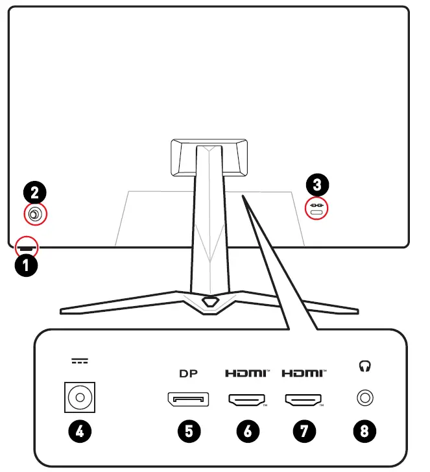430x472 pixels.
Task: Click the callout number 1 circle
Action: click(x=25, y=265)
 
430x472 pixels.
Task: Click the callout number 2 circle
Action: click(x=35, y=192)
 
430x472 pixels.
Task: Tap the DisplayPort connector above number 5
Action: click(x=188, y=399)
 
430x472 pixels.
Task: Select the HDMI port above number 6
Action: click(x=246, y=400)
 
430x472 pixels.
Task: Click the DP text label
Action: click(x=188, y=373)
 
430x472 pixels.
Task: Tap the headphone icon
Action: click(x=364, y=367)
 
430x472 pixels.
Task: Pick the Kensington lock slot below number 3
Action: click(x=317, y=212)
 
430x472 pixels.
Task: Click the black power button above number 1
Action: click(x=27, y=247)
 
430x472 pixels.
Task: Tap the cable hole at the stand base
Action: click(x=209, y=301)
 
